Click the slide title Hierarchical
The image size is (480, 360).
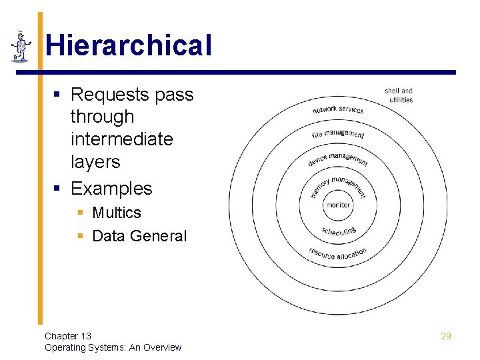coord(128,46)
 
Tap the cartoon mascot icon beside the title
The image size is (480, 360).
coord(21,47)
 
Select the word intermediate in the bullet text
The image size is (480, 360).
coord(121,139)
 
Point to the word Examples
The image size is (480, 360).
coord(111,189)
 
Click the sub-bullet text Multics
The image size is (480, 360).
coord(117,213)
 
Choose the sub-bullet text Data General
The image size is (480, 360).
coord(139,236)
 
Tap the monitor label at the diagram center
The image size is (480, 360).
coord(338,205)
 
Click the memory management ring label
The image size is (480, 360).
coord(339,185)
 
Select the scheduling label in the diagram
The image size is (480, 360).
coord(339,231)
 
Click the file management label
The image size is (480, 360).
coord(338,135)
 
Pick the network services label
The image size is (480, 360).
coord(338,109)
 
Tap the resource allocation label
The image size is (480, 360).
coord(337,254)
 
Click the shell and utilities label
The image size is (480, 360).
coord(399,95)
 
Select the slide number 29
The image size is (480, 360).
coord(446,336)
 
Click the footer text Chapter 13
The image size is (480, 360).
coord(68,336)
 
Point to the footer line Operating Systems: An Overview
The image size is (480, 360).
coord(113,347)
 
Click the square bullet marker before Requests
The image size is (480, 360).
coord(58,95)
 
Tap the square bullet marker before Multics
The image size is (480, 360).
coord(80,213)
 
